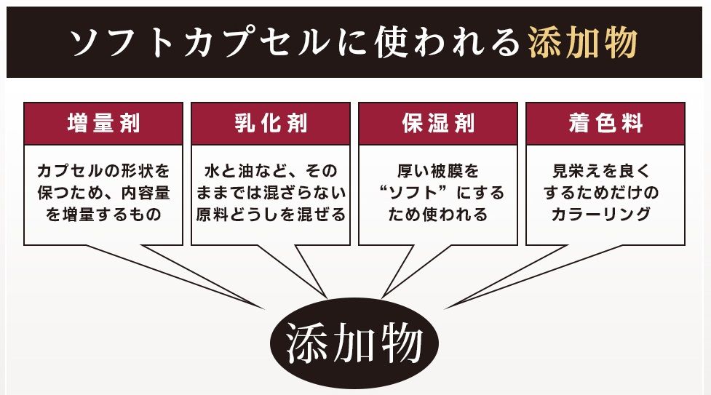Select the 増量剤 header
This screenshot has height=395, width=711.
(x=103, y=123)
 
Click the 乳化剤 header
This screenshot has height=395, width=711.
(x=271, y=123)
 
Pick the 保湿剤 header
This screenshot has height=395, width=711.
(x=438, y=123)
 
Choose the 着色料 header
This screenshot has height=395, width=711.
(x=605, y=123)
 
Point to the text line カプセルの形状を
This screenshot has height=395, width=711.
(x=103, y=172)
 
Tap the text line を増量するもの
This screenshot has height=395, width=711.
(x=103, y=215)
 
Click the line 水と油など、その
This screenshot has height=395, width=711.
(x=271, y=172)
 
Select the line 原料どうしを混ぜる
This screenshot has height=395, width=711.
(x=271, y=215)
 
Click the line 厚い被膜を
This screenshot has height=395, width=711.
(x=438, y=172)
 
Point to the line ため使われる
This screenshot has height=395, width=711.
(x=438, y=215)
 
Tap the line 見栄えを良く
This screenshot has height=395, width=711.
(x=605, y=172)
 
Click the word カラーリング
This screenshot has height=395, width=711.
(x=605, y=215)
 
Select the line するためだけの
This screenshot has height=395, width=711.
(x=605, y=193)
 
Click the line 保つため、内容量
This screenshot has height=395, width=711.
(x=103, y=193)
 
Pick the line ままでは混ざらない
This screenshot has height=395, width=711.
(x=271, y=193)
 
